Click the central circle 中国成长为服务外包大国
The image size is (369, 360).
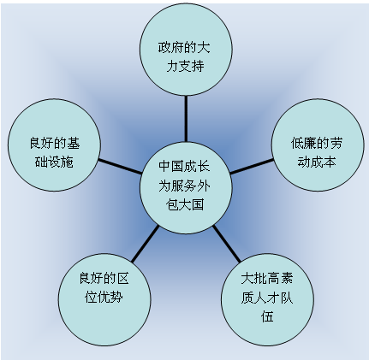click(x=185, y=187)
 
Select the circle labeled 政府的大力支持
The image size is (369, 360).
click(x=186, y=50)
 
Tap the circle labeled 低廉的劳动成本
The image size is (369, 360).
click(x=318, y=145)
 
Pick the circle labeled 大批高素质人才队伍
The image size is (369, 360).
click(x=267, y=299)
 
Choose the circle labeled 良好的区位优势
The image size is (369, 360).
click(x=104, y=299)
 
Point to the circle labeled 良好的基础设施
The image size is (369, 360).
click(x=54, y=145)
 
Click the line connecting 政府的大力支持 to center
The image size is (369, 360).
click(x=186, y=119)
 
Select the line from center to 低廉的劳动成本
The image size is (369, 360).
click(x=252, y=166)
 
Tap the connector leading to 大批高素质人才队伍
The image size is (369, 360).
click(x=227, y=243)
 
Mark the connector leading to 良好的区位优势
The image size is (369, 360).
click(x=145, y=243)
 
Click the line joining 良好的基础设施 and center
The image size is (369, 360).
click(x=120, y=166)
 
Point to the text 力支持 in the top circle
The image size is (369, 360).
click(x=185, y=66)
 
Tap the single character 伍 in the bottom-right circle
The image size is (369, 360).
click(x=267, y=316)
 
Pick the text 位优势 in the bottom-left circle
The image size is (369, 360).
click(x=104, y=297)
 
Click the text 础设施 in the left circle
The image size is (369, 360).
click(x=54, y=162)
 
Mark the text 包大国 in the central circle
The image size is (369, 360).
click(x=185, y=204)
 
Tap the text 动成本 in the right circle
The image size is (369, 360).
click(x=317, y=162)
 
